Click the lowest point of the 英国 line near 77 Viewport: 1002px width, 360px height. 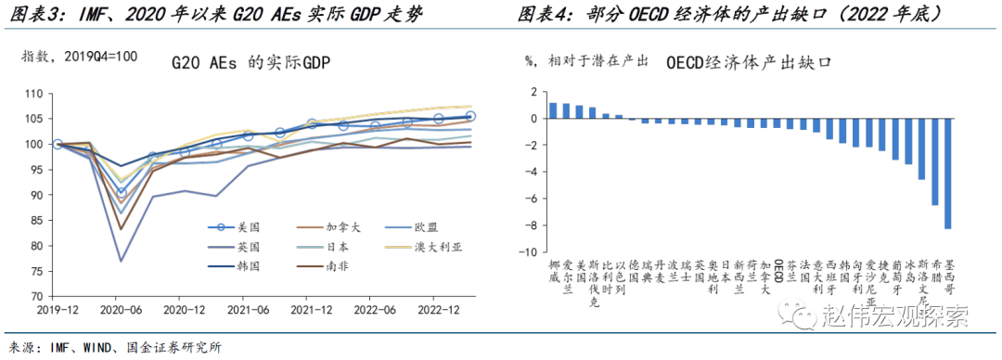122,261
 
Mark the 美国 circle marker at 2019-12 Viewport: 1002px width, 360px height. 58,144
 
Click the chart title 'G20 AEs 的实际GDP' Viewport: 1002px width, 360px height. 251,63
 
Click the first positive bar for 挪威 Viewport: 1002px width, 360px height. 553,110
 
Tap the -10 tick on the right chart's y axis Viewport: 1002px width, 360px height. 530,252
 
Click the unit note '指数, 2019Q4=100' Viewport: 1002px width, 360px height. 79,57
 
